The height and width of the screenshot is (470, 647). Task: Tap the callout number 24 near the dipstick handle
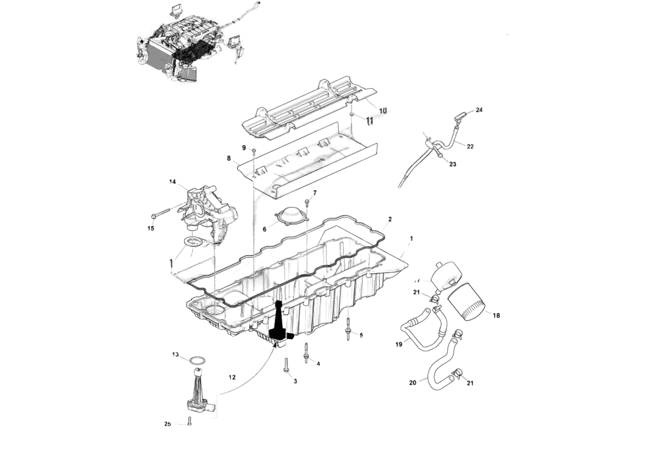479,110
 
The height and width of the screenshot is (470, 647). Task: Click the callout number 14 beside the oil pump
173,182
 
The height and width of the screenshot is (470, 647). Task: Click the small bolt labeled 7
306,204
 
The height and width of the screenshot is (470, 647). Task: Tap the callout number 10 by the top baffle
383,110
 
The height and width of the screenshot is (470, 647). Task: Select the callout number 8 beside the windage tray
228,158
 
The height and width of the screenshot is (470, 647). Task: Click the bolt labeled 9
253,152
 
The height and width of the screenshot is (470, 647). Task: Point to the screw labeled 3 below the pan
286,365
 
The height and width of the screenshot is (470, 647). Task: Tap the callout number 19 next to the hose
399,345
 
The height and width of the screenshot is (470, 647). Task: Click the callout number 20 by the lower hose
412,382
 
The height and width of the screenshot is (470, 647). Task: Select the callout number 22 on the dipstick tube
470,146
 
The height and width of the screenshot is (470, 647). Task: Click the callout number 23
452,164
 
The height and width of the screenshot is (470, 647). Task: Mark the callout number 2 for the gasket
389,219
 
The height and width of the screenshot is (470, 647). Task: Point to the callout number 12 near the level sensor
232,377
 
